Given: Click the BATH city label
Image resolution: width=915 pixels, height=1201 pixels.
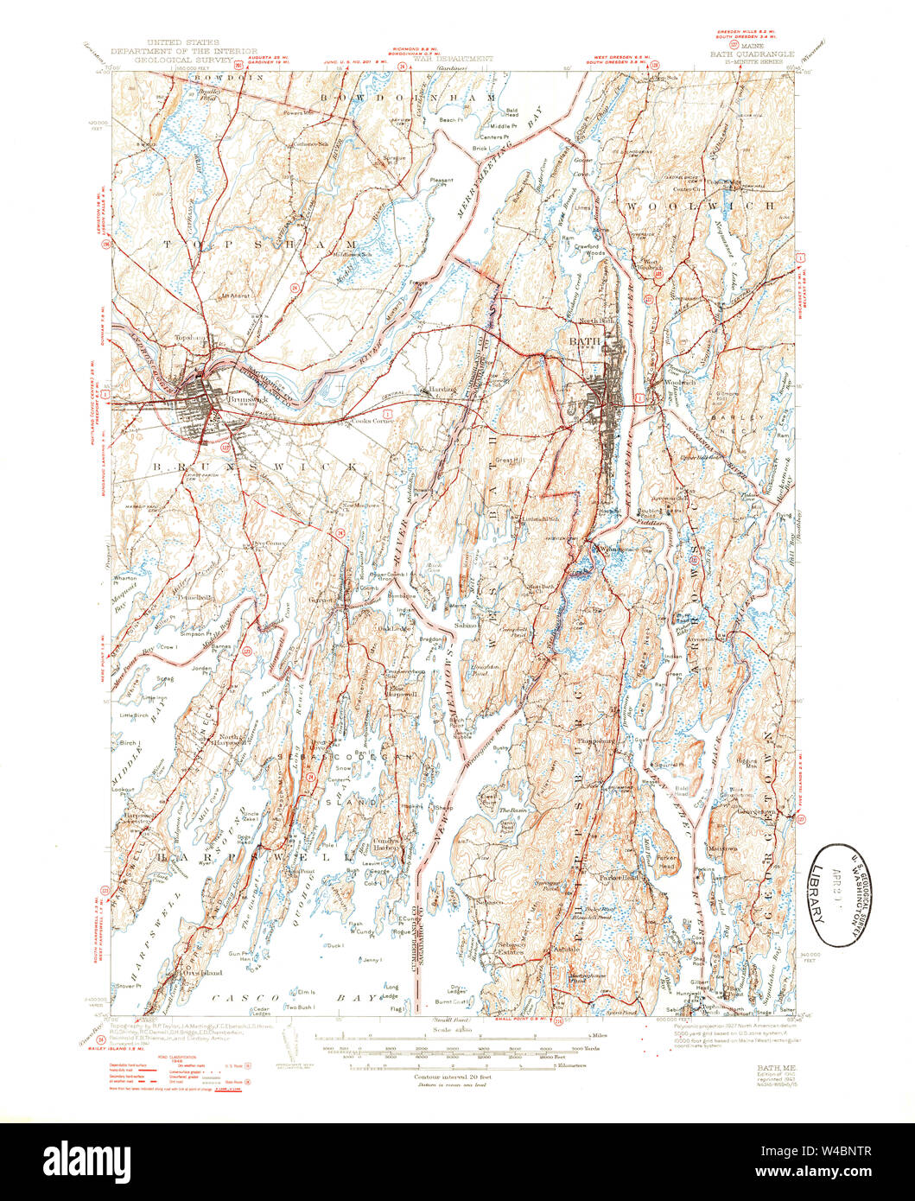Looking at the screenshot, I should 577,342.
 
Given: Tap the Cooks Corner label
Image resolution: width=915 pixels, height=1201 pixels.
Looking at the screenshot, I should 372,421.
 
